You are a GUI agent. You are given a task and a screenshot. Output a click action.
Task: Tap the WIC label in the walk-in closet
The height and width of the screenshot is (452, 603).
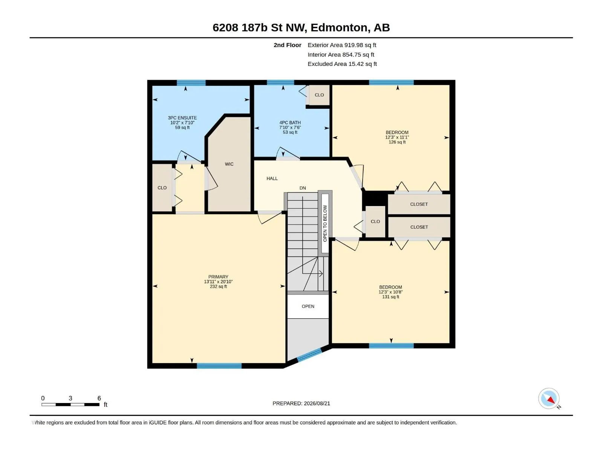click(x=229, y=164)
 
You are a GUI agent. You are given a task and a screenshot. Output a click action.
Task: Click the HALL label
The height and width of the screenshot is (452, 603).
click(x=272, y=179)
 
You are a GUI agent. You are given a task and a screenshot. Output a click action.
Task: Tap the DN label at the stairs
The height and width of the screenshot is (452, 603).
click(x=303, y=188)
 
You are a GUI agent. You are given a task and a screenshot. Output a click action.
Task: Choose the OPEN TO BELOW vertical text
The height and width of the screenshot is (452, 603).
click(x=325, y=223)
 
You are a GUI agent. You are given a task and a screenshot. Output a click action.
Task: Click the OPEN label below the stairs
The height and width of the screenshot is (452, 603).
click(x=308, y=306)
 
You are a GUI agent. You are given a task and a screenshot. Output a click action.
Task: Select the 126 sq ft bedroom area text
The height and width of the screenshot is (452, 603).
click(x=397, y=142)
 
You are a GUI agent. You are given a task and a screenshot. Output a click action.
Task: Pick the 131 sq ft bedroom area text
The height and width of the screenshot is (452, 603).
click(x=390, y=297)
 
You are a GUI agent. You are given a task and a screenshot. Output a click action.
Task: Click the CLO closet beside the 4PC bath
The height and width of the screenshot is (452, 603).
click(x=319, y=95)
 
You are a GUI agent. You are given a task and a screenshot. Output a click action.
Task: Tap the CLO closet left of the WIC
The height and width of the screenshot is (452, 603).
click(x=162, y=188)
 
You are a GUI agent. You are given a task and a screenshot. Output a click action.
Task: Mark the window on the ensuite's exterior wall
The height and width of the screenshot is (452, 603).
click(x=191, y=82)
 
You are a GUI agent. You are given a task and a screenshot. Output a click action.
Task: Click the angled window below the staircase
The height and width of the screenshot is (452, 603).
click(x=309, y=354)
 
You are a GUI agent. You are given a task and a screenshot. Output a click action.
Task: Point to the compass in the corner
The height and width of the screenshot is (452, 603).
click(x=549, y=399)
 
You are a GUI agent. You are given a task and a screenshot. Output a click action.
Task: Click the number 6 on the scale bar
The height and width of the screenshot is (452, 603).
click(x=99, y=398)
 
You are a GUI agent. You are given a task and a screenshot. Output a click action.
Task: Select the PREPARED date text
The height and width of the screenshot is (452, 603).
click(x=301, y=403)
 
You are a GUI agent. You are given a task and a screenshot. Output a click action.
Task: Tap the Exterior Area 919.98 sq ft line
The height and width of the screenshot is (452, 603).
click(x=342, y=45)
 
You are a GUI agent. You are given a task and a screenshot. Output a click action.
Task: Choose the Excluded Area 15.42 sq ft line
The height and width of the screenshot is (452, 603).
click(x=342, y=64)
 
